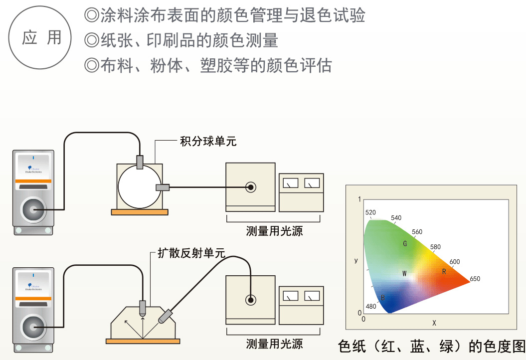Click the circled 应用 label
coord(41,38)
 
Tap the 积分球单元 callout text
coord(208,142)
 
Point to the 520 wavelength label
coord(370,212)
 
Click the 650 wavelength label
coord(475,279)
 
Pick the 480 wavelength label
coord(371,306)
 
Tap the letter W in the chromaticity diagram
coord(405,273)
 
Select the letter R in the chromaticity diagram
coord(444,271)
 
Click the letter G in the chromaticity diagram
coord(405,243)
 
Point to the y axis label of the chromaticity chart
coord(356,260)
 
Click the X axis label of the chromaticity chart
coord(434,323)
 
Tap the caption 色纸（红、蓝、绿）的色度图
coord(432,346)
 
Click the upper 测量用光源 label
coord(275,231)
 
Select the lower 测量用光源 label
coord(275,344)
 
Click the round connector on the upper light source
coord(251,187)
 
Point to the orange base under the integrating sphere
coord(139,212)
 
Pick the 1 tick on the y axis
coord(359,199)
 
